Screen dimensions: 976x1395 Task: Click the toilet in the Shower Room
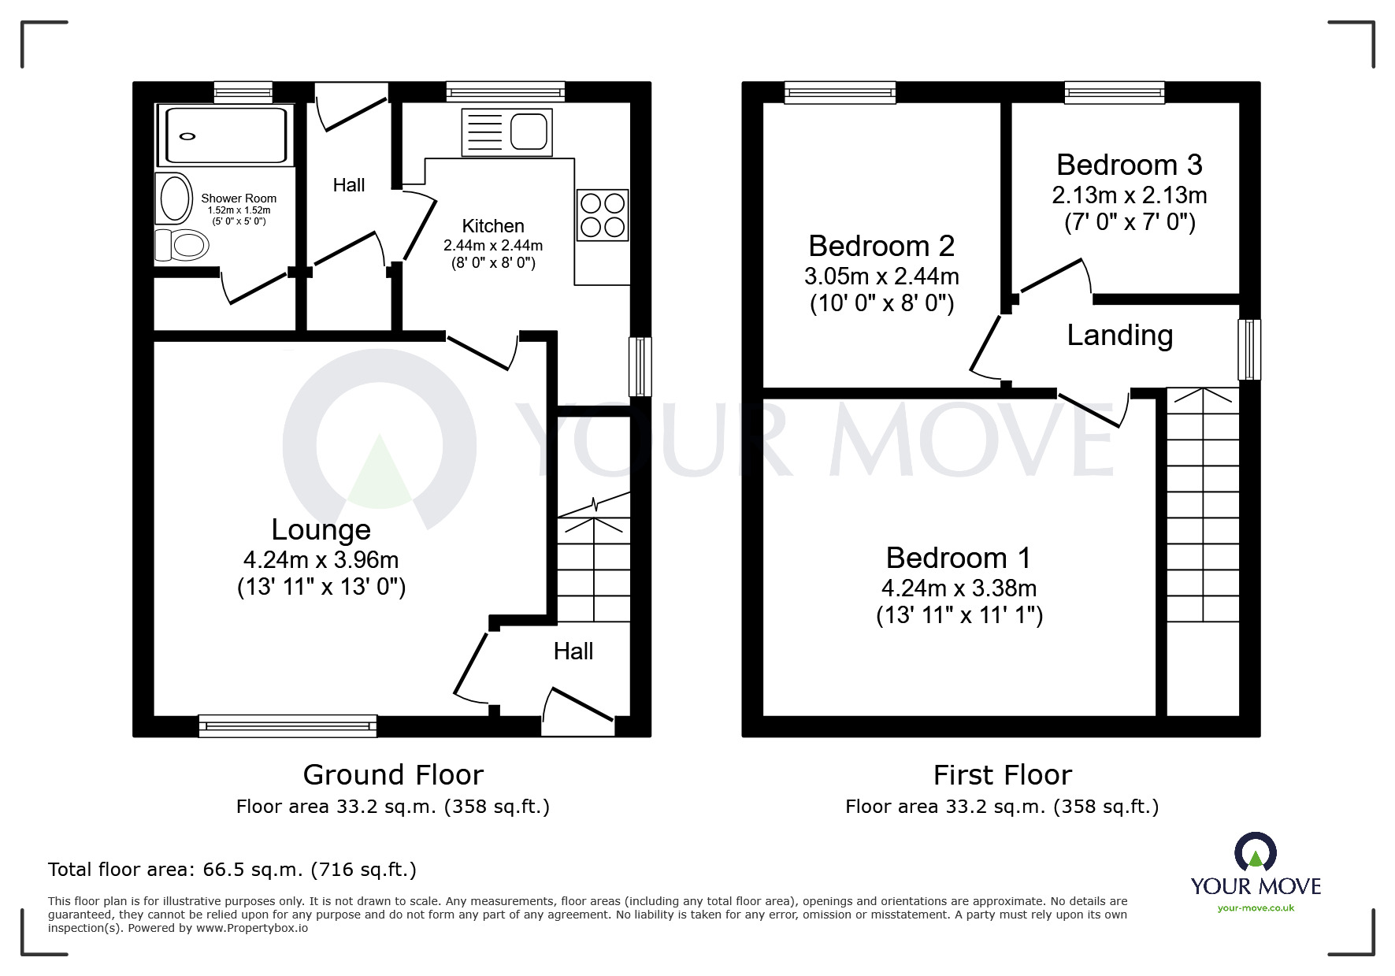tap(183, 245)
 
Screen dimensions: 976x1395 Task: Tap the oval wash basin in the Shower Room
tap(175, 198)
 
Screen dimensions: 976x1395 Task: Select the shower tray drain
tap(187, 136)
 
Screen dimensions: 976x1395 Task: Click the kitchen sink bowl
tap(529, 131)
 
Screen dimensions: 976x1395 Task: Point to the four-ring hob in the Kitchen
tap(603, 215)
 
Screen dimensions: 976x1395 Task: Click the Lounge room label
tap(321, 530)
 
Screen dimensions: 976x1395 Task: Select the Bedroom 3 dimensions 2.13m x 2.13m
tap(1129, 195)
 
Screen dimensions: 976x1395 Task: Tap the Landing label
tap(1119, 336)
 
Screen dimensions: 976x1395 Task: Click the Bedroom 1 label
tap(958, 559)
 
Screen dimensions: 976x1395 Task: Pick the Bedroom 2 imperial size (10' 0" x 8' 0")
tap(881, 304)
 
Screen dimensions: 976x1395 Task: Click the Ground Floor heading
tap(393, 775)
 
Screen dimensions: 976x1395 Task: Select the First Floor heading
tap(1002, 775)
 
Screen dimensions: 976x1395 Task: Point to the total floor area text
tap(232, 870)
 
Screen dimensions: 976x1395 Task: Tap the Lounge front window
tap(288, 726)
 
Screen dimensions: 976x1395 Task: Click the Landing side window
tap(1248, 349)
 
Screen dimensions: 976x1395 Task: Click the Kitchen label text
tap(493, 227)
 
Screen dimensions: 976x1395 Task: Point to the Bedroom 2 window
tap(840, 93)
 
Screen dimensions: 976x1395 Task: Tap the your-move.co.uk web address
tap(1256, 908)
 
